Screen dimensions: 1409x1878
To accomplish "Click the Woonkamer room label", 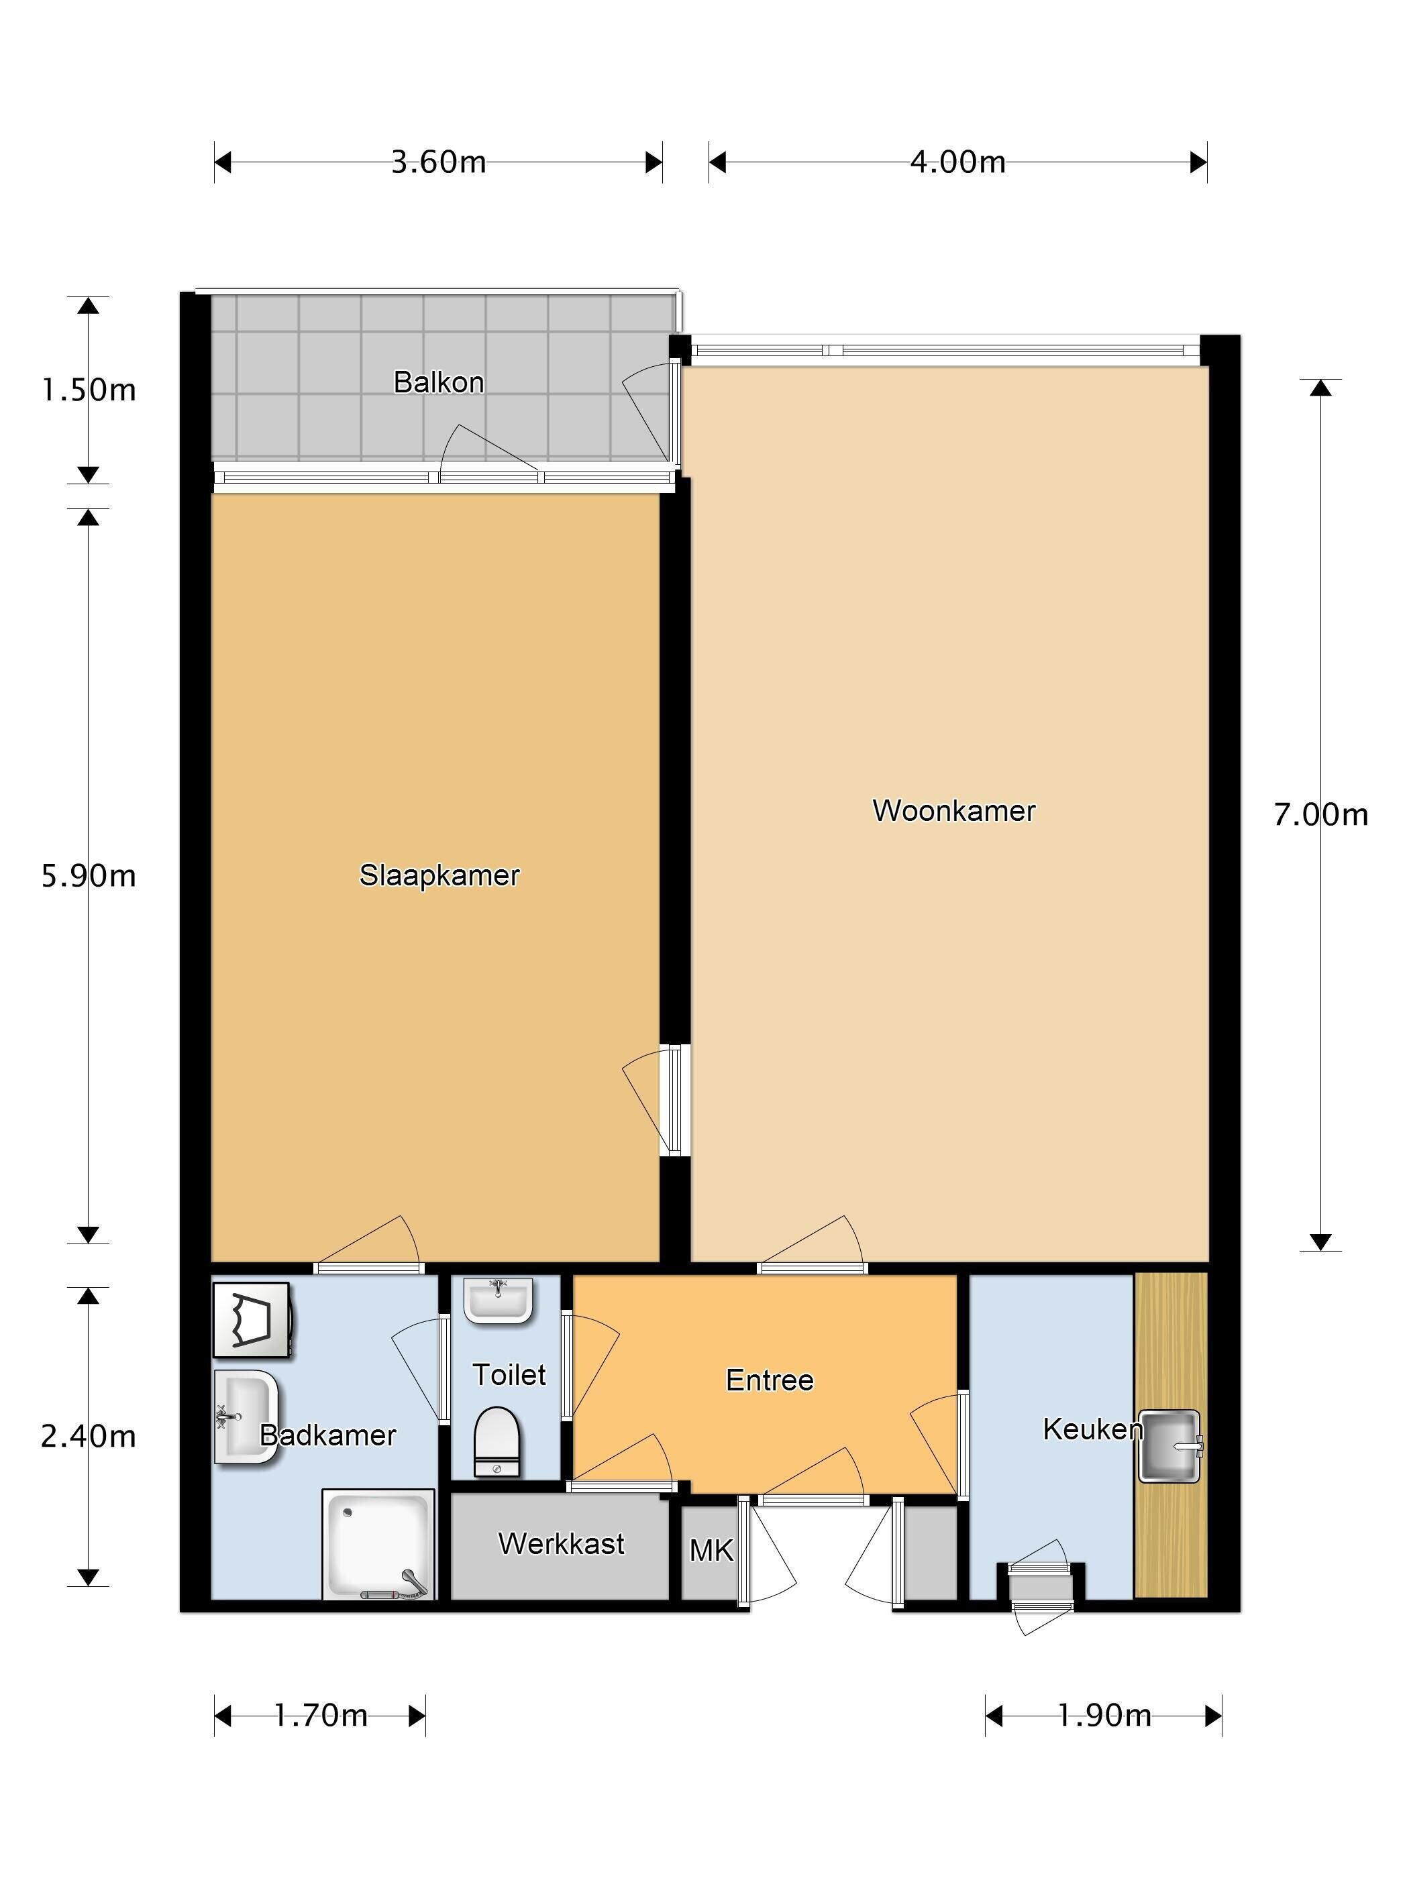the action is click(x=954, y=811).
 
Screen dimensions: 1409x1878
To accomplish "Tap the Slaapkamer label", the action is click(x=439, y=875).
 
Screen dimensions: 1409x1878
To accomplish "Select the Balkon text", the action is click(x=438, y=382).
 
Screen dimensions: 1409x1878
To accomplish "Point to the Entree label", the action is click(x=770, y=1380).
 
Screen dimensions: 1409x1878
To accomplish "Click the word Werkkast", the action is click(x=562, y=1543).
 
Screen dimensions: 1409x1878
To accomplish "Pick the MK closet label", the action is click(x=711, y=1551).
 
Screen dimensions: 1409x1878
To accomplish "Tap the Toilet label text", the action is click(x=509, y=1374).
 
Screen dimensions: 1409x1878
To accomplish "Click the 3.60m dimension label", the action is click(x=438, y=162).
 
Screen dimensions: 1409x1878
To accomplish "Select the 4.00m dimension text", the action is click(x=958, y=162).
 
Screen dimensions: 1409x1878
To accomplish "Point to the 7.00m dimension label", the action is click(x=1320, y=815).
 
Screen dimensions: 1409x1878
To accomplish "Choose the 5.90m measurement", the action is click(x=89, y=875).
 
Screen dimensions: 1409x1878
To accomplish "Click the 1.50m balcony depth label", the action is click(x=89, y=390).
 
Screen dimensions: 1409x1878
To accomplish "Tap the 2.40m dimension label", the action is click(x=89, y=1436).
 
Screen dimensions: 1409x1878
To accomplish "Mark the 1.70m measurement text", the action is click(x=320, y=1716).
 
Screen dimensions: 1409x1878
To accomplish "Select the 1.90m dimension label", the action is click(x=1104, y=1716).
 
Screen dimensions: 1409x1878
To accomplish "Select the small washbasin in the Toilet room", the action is click(x=499, y=1301).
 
